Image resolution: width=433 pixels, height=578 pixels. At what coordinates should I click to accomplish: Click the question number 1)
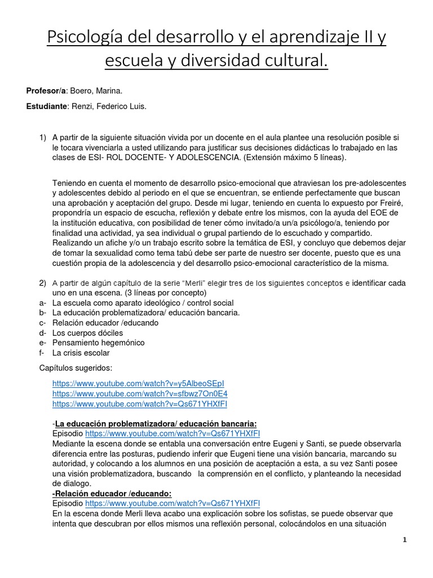42,137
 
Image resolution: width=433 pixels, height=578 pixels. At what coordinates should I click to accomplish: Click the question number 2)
42,282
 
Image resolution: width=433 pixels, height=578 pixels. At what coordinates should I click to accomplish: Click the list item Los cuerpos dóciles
87,333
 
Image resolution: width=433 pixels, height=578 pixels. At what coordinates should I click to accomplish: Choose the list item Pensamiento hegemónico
98,343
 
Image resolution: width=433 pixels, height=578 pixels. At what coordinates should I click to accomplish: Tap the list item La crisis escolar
81,353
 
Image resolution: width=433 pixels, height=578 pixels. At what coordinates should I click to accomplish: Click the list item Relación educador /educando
105,323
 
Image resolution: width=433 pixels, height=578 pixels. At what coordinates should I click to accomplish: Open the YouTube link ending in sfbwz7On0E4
140,393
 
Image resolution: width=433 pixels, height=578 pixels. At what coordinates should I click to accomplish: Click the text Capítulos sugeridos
76,368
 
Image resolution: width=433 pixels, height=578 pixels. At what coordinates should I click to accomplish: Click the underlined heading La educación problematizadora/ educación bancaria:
156,423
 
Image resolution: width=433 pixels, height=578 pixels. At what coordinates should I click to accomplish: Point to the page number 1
404,540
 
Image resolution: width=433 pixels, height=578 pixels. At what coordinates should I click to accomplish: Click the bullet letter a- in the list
42,303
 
